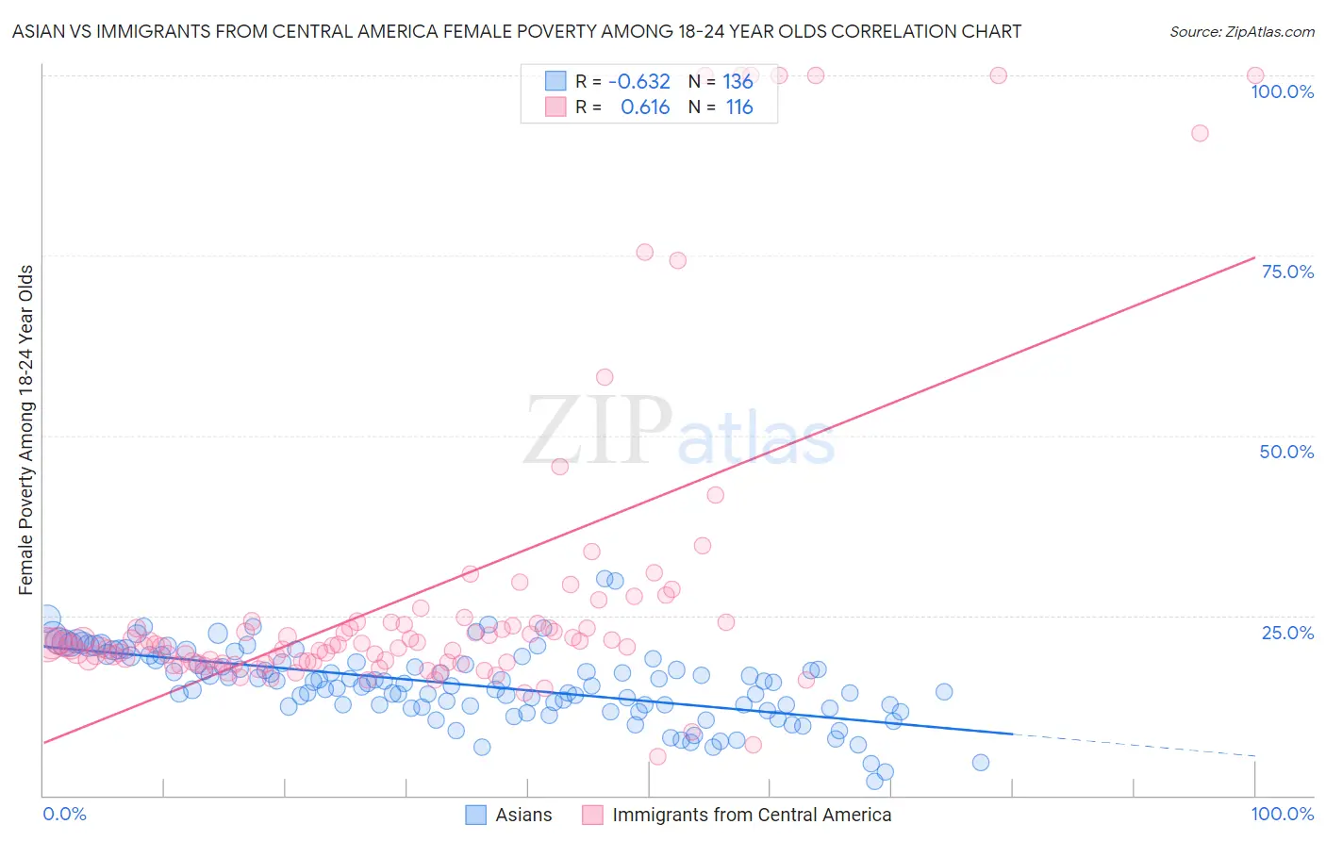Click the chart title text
pyautogui.click(x=517, y=31)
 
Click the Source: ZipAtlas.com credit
pyautogui.click(x=1241, y=31)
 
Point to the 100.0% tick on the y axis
pyautogui.click(x=1282, y=91)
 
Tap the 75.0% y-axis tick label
pyautogui.click(x=1287, y=272)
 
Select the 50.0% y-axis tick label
pyautogui.click(x=1286, y=452)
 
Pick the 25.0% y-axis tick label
pyautogui.click(x=1287, y=632)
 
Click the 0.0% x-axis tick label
pyautogui.click(x=64, y=814)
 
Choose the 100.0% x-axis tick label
pyautogui.click(x=1282, y=814)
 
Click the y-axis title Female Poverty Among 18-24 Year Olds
pyautogui.click(x=26, y=430)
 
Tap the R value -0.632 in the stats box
pyautogui.click(x=639, y=82)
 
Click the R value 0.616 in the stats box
pyautogui.click(x=645, y=107)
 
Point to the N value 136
pyautogui.click(x=738, y=82)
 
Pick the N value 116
pyautogui.click(x=739, y=107)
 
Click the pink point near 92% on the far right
pyautogui.click(x=1200, y=133)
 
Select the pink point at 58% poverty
pyautogui.click(x=605, y=377)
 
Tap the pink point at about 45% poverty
pyautogui.click(x=559, y=467)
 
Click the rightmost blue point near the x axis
pyautogui.click(x=981, y=763)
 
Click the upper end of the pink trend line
pyautogui.click(x=1254, y=257)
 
